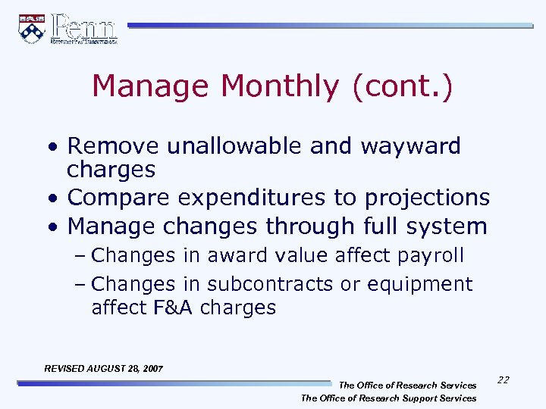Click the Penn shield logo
tap(32, 29)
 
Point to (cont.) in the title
tap(402, 86)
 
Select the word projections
tap(427, 198)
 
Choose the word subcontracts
tap(269, 284)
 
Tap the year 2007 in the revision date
tap(151, 369)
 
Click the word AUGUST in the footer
tap(107, 369)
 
